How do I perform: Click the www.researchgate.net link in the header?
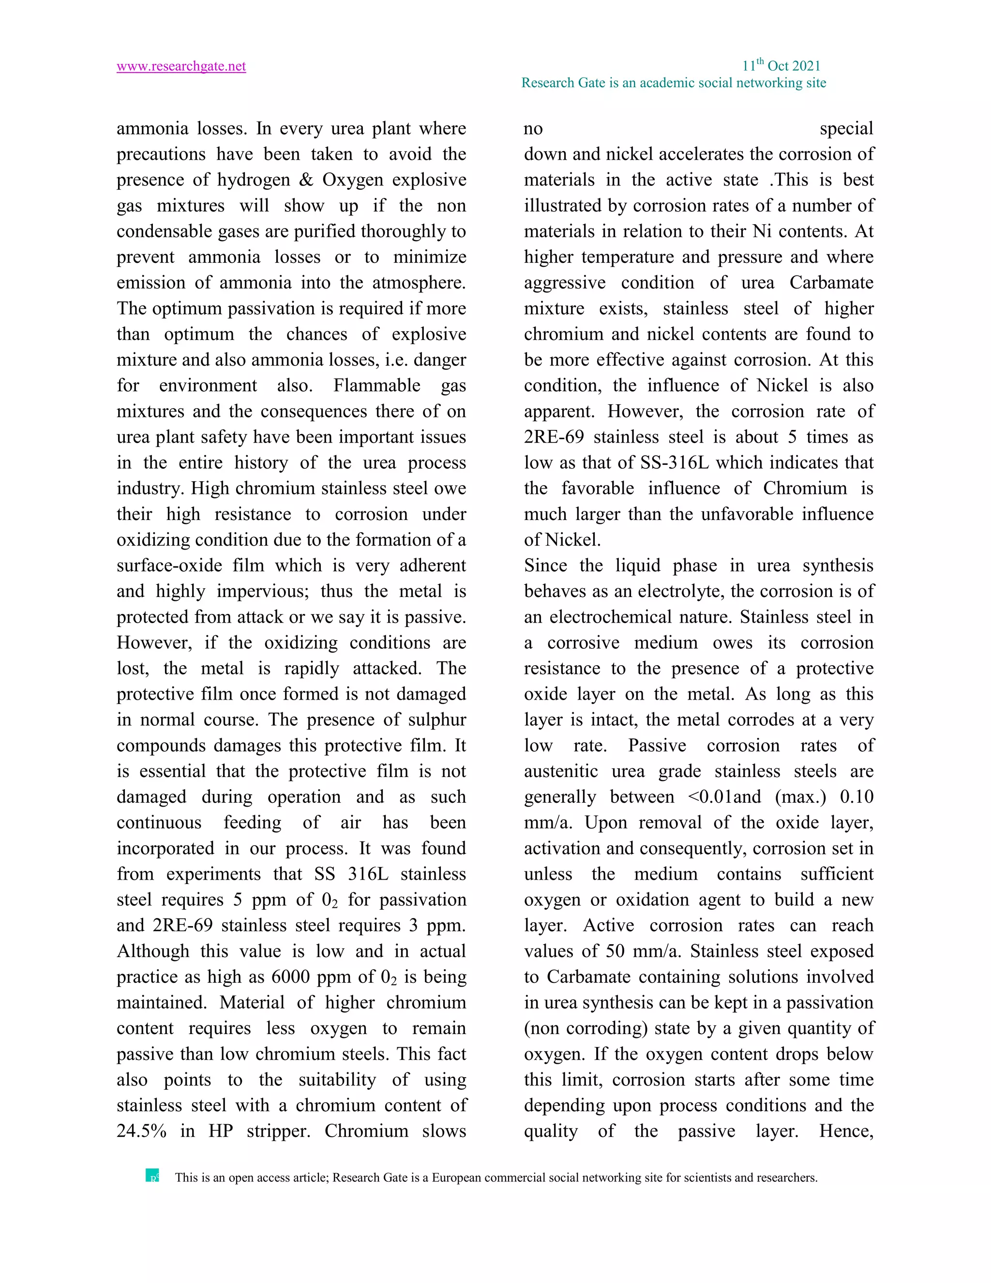[181, 66]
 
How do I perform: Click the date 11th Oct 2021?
[781, 66]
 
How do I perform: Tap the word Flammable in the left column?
[377, 385]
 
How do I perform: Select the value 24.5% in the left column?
[141, 1131]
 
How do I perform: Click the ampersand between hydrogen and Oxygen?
[306, 180]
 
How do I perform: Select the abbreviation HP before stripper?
[221, 1131]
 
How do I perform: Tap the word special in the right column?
[846, 128]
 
